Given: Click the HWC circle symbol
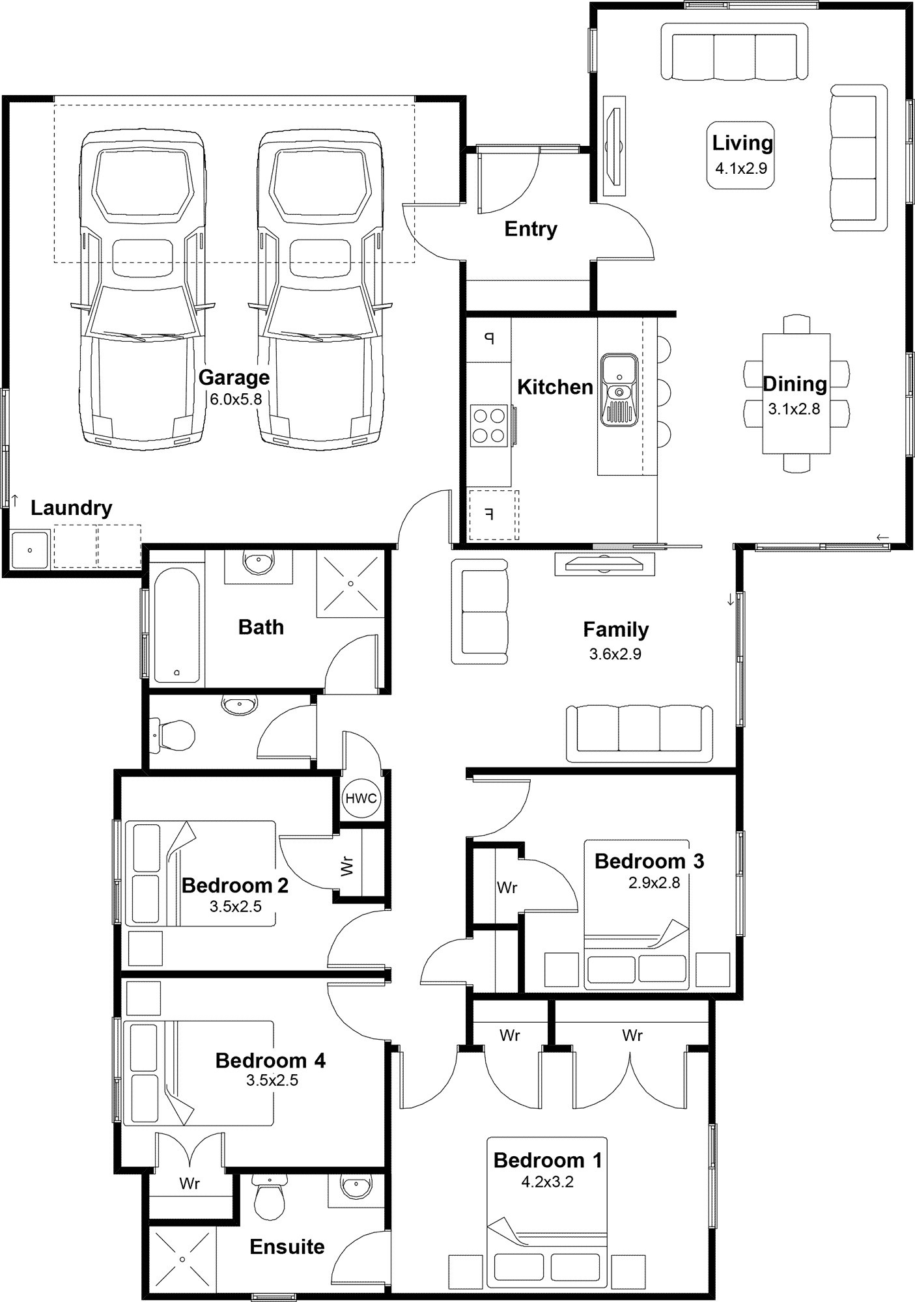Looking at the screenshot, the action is click(361, 798).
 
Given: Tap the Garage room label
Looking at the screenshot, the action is click(234, 378).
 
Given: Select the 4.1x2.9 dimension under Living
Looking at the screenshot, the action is click(741, 169).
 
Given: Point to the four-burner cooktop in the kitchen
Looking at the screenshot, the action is click(489, 426).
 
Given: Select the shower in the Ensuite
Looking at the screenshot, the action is click(183, 1259).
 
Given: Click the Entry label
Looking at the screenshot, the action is click(531, 229).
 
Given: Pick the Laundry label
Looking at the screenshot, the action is click(72, 508).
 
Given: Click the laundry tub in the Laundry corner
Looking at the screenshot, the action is click(30, 549).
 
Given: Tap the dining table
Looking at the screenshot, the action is click(796, 393).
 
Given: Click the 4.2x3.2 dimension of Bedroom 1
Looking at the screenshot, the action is click(547, 1182).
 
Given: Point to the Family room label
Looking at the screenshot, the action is click(615, 630).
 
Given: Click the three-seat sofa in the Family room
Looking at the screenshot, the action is click(640, 733).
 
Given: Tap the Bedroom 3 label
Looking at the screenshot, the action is click(649, 861).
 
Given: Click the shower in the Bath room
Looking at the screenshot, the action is click(350, 583).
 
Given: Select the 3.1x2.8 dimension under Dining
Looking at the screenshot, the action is click(794, 409).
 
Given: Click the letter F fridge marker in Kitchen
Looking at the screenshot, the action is click(490, 515).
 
